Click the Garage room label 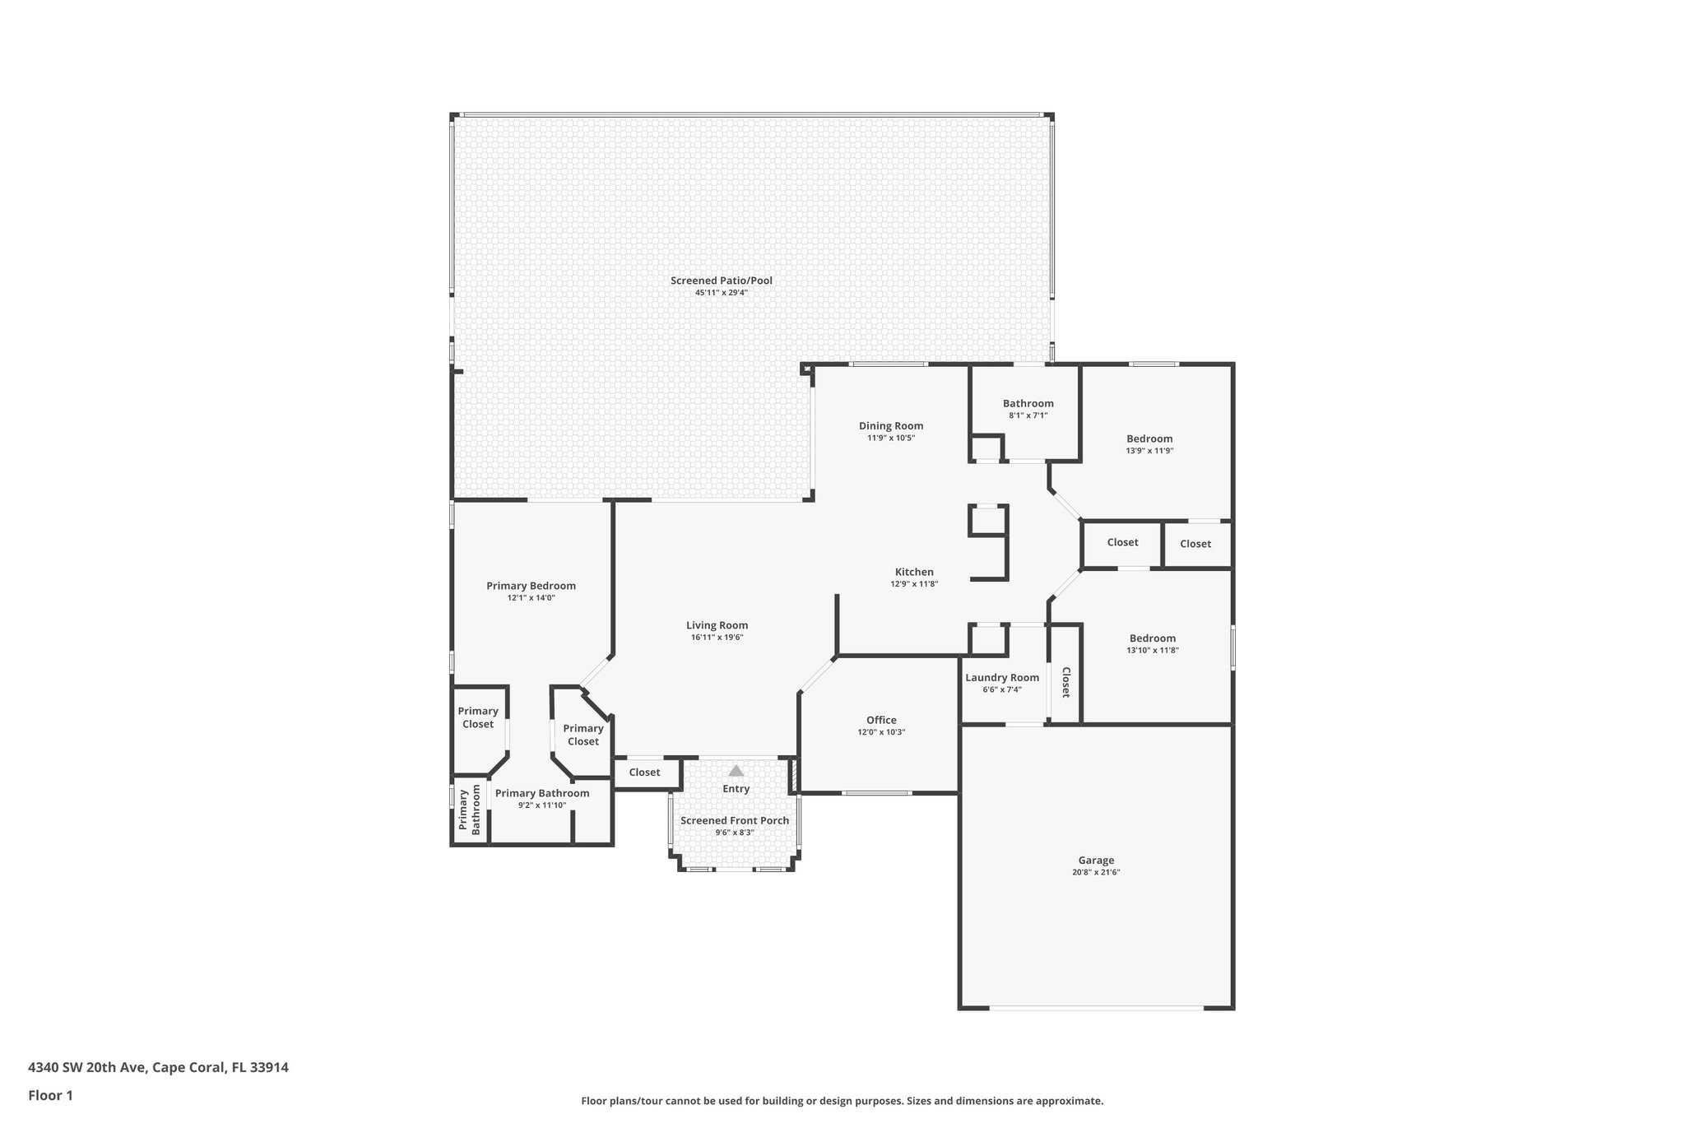click(1096, 861)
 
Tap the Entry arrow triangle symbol click(736, 771)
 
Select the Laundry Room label click(1002, 678)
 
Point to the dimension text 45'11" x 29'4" click(721, 293)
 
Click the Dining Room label click(891, 426)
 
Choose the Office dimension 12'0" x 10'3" click(881, 732)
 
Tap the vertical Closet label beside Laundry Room click(1065, 682)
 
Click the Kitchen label click(914, 573)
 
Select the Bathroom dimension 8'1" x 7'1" click(1028, 415)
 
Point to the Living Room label click(717, 625)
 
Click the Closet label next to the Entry click(644, 773)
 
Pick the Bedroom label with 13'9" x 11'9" click(1149, 439)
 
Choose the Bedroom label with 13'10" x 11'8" click(1152, 638)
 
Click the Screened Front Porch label click(734, 820)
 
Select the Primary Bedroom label click(531, 586)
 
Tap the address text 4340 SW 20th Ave click(88, 1068)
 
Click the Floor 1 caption click(50, 1095)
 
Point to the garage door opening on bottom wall click(1096, 1008)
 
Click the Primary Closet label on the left click(478, 717)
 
